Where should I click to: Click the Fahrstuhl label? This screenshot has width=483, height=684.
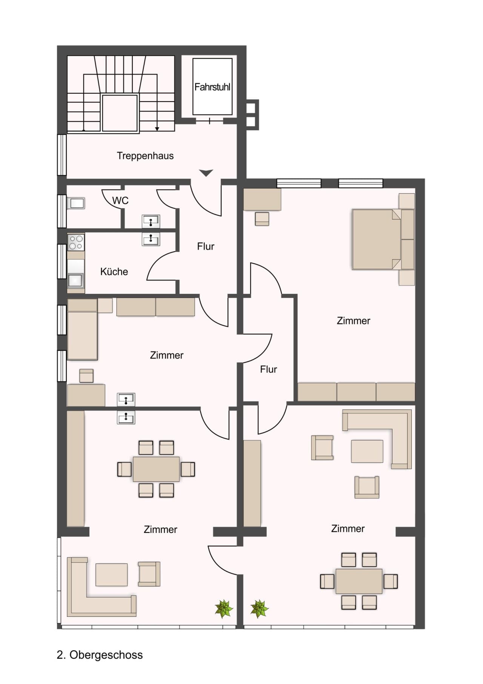(x=212, y=87)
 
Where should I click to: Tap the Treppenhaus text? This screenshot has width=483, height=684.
(x=145, y=156)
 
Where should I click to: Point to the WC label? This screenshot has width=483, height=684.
(x=120, y=201)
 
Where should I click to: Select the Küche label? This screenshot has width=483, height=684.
(x=114, y=272)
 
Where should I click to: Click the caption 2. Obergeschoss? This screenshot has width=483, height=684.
(x=100, y=655)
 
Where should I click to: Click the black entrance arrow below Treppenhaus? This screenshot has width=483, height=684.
(x=206, y=173)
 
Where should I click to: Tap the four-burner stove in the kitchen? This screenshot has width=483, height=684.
(x=76, y=242)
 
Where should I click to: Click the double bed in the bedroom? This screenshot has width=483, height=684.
(x=376, y=239)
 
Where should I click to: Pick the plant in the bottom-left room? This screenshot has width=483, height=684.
(x=224, y=608)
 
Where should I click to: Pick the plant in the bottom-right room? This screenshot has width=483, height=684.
(x=259, y=608)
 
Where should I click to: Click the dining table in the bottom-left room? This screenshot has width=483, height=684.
(x=156, y=469)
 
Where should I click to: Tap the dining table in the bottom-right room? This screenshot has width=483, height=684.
(x=359, y=581)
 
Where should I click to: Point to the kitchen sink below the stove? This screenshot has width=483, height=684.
(x=75, y=280)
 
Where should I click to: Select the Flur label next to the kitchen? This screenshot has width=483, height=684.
(x=206, y=247)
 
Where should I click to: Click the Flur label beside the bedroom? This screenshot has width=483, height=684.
(x=268, y=369)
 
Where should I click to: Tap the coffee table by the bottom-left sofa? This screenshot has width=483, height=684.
(x=111, y=574)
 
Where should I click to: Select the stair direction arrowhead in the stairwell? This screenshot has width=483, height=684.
(x=157, y=129)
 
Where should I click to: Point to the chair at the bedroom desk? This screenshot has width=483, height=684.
(x=262, y=219)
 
